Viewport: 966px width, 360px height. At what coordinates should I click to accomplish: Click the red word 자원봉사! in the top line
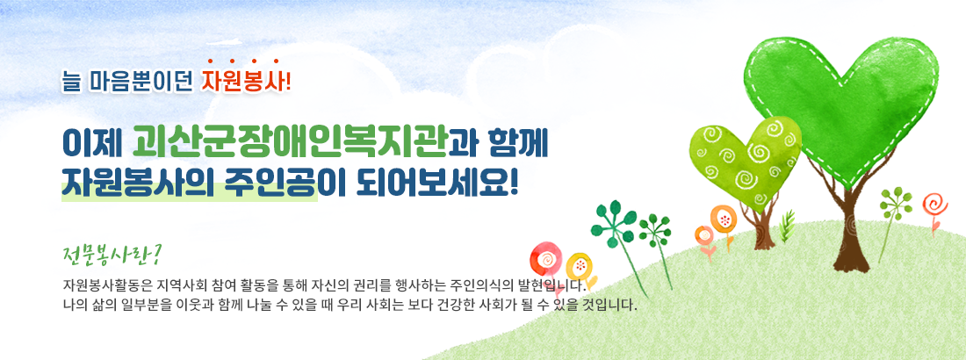(x=245, y=82)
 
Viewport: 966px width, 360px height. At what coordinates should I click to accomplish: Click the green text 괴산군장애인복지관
(x=290, y=142)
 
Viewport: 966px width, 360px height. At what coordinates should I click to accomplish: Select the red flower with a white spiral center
(x=545, y=259)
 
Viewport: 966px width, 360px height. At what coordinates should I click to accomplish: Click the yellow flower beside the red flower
(x=579, y=266)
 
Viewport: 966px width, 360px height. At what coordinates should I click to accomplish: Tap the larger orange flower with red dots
(x=724, y=219)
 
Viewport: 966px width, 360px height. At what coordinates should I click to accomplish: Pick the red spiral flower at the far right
(x=934, y=205)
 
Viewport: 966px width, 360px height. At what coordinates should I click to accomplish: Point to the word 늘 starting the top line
(x=71, y=82)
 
